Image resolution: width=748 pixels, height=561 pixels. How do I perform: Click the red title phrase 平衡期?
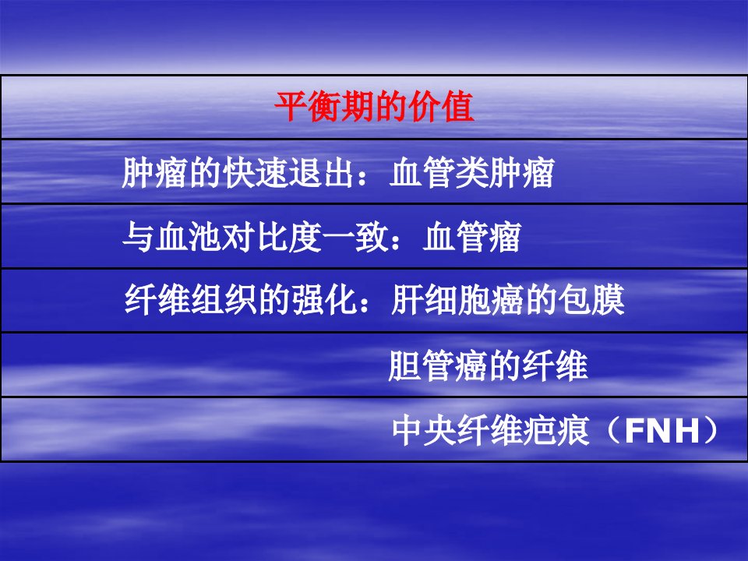324,106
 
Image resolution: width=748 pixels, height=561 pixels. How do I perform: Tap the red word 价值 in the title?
441,106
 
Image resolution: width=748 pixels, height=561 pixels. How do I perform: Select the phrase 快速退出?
288,172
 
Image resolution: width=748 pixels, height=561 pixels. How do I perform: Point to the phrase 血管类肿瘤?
471,172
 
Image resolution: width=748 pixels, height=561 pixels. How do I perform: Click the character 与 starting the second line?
139,237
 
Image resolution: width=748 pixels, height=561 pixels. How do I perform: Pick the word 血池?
189,237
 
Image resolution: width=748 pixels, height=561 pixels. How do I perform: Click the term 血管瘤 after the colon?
472,237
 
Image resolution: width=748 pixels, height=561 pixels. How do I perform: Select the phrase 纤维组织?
190,300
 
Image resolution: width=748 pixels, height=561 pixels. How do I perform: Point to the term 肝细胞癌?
457,300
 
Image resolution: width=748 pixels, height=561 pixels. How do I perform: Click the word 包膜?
591,300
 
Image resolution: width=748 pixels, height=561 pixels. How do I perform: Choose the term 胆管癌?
438,365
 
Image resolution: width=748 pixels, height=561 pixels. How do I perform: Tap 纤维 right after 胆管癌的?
555,365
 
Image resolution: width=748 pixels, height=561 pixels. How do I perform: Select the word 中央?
424,430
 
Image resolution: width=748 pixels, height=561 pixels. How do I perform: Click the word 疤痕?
556,430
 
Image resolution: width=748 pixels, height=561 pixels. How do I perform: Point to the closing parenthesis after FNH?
711,430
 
